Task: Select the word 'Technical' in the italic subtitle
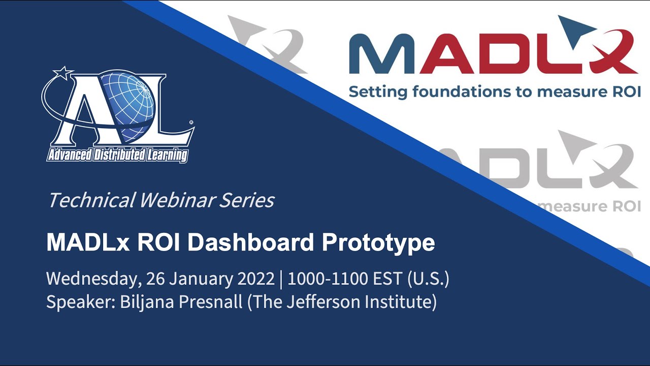coord(92,200)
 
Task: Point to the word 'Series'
coord(247,200)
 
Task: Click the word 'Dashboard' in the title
coord(251,242)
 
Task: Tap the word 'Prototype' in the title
coord(378,243)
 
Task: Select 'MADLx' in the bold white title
coord(88,242)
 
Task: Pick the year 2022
coord(256,278)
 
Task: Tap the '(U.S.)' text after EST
coord(428,279)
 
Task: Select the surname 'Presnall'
coord(211,301)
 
